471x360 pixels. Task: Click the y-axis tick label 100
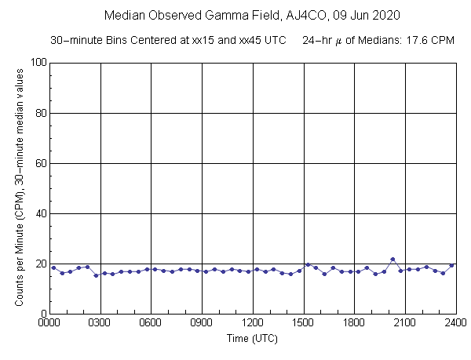click(x=36, y=63)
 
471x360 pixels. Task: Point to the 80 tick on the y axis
click(x=38, y=113)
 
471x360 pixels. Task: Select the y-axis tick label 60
click(x=38, y=163)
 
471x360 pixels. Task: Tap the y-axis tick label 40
click(x=38, y=213)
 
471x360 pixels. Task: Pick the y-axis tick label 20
click(x=38, y=264)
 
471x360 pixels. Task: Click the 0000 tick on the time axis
click(x=49, y=322)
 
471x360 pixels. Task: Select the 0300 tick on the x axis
click(x=100, y=322)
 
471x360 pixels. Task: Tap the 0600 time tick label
click(x=151, y=322)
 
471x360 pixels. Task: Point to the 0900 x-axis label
click(x=202, y=322)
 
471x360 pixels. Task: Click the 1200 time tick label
click(x=253, y=322)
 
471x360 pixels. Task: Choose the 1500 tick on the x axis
click(x=303, y=322)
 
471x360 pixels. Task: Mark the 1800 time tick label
click(x=354, y=322)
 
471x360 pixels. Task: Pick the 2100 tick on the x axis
click(x=405, y=322)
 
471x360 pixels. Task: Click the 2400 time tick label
click(x=455, y=322)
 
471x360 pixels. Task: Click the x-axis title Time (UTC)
click(x=253, y=338)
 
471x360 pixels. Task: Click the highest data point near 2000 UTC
click(x=392, y=259)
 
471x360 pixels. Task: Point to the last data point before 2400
click(x=451, y=265)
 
